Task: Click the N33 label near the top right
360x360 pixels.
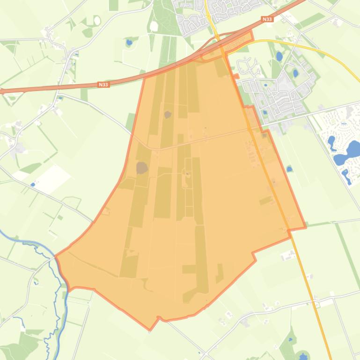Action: [267, 19]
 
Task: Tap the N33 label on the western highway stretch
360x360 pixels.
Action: [103, 85]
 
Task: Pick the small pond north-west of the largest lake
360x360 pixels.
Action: [332, 142]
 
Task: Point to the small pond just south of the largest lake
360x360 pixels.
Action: [346, 176]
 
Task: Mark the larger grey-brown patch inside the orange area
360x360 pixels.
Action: [142, 168]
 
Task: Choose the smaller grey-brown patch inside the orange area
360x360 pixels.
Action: [168, 114]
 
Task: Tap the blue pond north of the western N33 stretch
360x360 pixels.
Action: [129, 43]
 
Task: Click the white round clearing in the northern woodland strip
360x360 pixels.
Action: [154, 26]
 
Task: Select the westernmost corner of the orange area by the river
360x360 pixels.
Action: [56, 256]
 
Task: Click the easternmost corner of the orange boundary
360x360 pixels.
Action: [306, 227]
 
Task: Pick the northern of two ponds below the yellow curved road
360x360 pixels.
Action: [279, 57]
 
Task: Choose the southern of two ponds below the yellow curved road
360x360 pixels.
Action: [295, 73]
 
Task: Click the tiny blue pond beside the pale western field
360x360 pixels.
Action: [33, 185]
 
